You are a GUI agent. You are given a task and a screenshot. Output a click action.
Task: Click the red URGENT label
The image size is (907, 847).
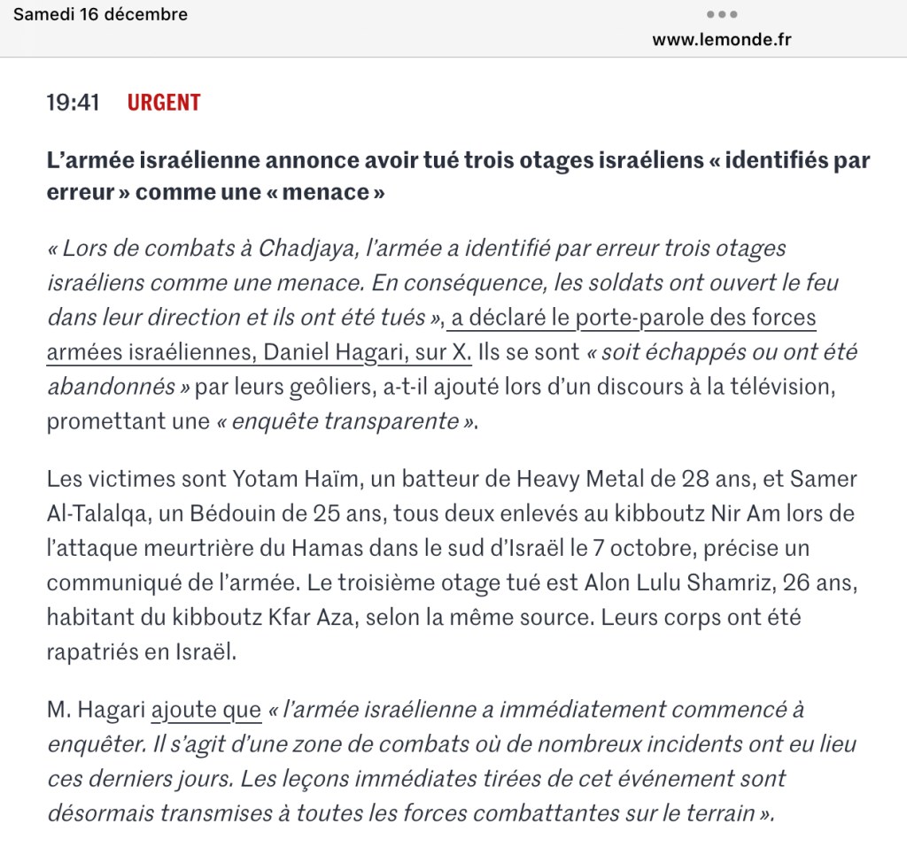pyautogui.click(x=164, y=103)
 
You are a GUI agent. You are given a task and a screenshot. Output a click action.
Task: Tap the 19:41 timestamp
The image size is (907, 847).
pyautogui.click(x=73, y=103)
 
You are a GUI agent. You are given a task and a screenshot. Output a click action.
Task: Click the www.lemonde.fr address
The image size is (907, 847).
pyautogui.click(x=722, y=40)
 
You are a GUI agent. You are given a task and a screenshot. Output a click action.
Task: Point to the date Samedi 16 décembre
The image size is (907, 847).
pyautogui.click(x=101, y=14)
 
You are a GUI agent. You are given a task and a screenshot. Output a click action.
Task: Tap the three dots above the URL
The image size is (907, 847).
pyautogui.click(x=722, y=15)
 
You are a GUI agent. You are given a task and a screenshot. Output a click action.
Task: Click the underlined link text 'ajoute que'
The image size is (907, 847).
pyautogui.click(x=206, y=710)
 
